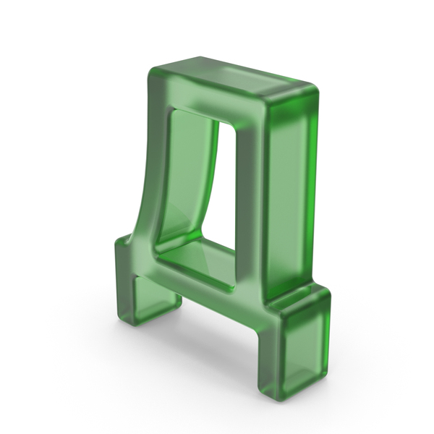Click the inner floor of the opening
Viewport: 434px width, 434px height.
click(x=197, y=263)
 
